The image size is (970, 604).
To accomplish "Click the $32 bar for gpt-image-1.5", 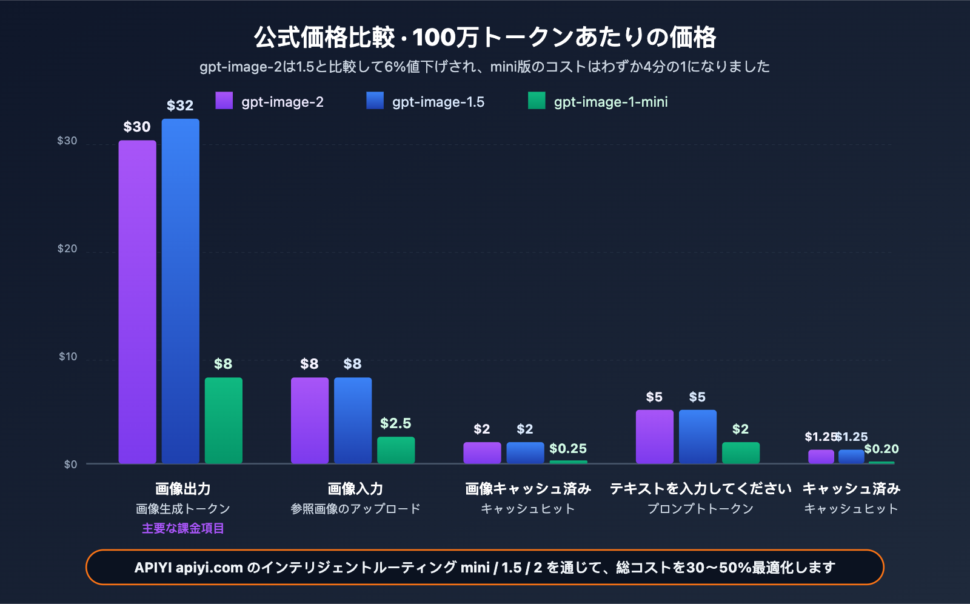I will tap(180, 291).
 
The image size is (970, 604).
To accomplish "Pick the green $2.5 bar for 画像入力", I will tap(396, 450).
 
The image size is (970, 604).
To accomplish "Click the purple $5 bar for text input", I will tap(654, 437).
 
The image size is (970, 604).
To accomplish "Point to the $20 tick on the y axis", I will tap(67, 249).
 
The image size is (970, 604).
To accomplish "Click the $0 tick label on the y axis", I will tap(70, 465).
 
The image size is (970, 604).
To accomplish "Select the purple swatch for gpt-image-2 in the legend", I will tap(224, 101).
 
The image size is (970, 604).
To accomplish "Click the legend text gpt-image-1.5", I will tap(438, 102).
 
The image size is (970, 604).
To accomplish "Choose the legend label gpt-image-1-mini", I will tap(610, 102).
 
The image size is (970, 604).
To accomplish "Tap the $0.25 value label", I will tap(568, 449).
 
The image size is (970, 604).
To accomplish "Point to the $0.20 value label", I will tap(881, 449).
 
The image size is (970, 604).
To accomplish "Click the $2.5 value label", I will tap(395, 423).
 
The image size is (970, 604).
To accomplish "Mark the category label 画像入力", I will tap(355, 489).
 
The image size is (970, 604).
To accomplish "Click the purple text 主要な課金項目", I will tap(183, 528).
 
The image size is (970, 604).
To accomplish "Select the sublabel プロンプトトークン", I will tap(700, 509).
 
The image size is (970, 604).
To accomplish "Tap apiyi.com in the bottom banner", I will tap(209, 568).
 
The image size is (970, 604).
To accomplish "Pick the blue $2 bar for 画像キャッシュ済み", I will tap(525, 453).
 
